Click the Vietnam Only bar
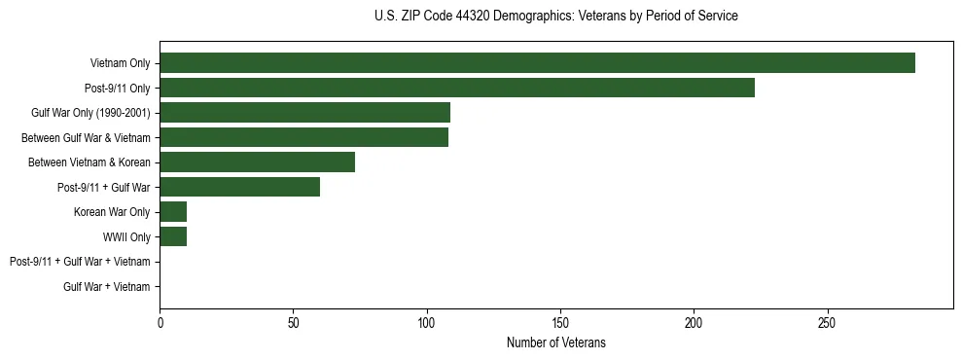click(x=537, y=63)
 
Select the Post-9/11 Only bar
click(x=457, y=88)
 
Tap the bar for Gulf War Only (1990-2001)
click(x=304, y=113)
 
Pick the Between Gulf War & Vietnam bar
click(x=303, y=137)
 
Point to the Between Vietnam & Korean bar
click(x=257, y=162)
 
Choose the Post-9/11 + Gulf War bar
click(x=239, y=187)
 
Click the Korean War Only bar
click(x=173, y=212)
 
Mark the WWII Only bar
click(x=173, y=236)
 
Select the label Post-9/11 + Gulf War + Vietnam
click(x=80, y=262)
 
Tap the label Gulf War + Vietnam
click(x=107, y=286)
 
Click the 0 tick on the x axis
click(x=160, y=322)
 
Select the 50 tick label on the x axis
click(x=293, y=322)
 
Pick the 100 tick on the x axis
click(x=426, y=322)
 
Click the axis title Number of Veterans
click(x=555, y=342)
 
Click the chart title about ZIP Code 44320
click(x=555, y=17)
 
